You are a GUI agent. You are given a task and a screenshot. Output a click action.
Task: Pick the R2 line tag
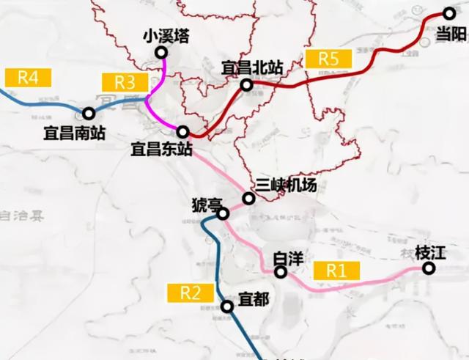pos(191,292)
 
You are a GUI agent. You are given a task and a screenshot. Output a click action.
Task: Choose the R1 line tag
pos(336,270)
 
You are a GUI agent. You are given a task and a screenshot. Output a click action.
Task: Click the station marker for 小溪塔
pos(160,54)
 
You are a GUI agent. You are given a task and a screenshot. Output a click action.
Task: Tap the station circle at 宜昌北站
pos(247,86)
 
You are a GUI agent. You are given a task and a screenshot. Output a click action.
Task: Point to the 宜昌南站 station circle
pos(89,114)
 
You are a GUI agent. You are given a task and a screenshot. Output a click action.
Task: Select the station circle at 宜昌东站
pos(182,132)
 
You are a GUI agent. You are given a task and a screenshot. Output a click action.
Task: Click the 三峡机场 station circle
pos(249,199)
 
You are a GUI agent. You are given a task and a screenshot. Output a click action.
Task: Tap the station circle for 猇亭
pos(224,213)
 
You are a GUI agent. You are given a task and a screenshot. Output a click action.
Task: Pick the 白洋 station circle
pos(281,272)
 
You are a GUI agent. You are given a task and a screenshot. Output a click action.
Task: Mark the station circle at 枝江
pos(429,268)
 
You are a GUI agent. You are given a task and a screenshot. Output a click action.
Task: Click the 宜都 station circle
pos(228,308)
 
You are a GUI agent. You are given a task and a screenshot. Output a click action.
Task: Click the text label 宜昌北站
pos(252,67)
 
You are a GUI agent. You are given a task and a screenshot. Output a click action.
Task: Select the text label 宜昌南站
pos(74,133)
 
